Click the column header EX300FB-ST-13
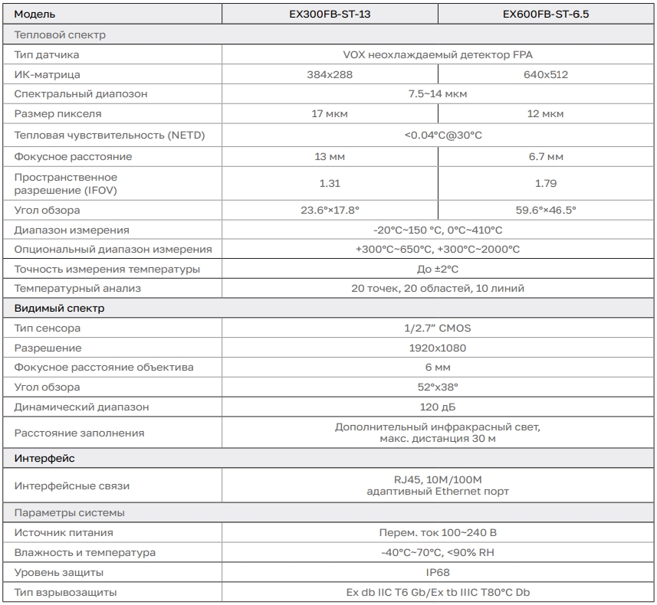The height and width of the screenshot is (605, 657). (330, 15)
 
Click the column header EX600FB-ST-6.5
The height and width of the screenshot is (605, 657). (546, 15)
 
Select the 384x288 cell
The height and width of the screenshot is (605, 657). (330, 74)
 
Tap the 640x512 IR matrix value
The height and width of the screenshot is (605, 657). (546, 74)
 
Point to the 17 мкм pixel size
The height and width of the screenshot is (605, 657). (330, 113)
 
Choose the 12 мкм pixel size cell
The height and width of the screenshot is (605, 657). (546, 113)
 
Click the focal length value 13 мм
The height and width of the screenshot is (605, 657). (330, 156)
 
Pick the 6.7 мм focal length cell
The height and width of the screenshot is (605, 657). (546, 156)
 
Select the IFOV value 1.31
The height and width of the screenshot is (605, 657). (330, 183)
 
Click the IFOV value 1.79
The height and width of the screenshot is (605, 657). (546, 183)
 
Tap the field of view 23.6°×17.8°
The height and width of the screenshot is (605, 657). (330, 210)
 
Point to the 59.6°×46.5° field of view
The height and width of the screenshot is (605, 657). (546, 210)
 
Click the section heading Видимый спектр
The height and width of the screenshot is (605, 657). (60, 309)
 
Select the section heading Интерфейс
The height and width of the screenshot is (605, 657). (44, 459)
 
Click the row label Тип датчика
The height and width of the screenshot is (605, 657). (47, 54)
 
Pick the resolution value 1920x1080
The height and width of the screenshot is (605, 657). (438, 348)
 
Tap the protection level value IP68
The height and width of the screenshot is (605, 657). (438, 572)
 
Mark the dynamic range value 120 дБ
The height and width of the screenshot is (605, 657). (438, 407)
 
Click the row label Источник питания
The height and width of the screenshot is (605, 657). (64, 532)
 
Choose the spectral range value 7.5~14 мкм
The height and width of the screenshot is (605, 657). (438, 93)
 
